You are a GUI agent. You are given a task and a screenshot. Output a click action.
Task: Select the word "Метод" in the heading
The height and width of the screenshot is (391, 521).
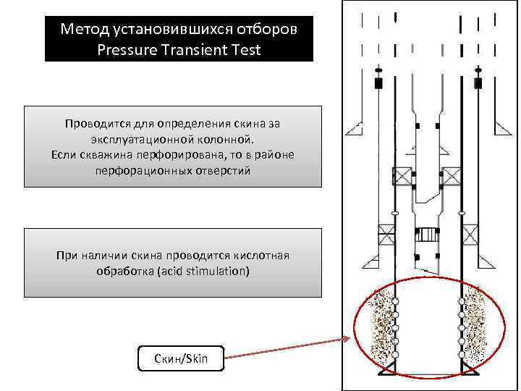click(x=84, y=30)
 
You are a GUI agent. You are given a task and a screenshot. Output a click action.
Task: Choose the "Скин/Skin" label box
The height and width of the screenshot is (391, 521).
click(x=180, y=358)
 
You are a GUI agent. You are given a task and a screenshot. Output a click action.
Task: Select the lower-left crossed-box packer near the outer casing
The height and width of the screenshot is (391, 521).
click(x=386, y=235)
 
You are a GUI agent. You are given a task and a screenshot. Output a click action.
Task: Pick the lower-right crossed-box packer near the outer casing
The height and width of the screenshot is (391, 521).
click(x=470, y=235)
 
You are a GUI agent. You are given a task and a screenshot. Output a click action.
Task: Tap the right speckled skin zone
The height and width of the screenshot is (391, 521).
click(x=476, y=325)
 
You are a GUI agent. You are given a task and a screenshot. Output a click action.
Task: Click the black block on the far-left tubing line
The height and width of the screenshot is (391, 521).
click(x=378, y=83)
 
